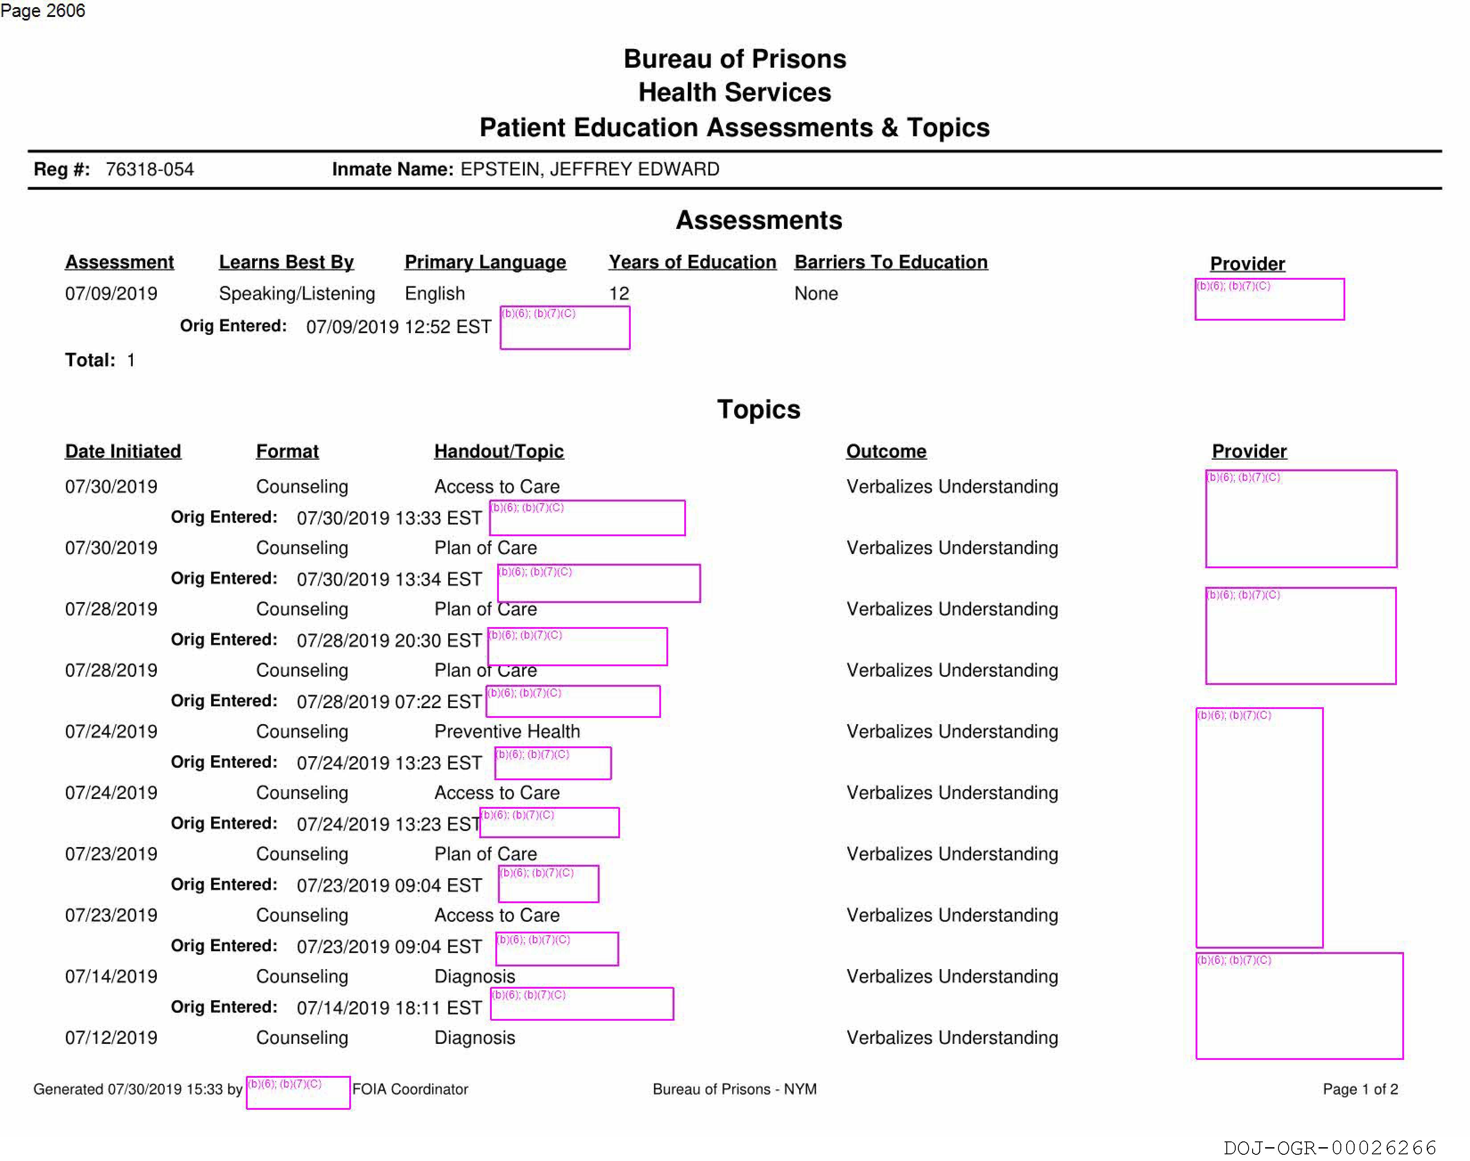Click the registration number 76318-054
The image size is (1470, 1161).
coord(150,169)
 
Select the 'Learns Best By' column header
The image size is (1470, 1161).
coord(286,262)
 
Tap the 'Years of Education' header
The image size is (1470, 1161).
coord(692,262)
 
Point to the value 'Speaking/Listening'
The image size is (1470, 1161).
coord(296,293)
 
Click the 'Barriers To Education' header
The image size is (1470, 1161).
coord(891,262)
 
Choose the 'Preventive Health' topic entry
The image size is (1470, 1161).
coord(507,731)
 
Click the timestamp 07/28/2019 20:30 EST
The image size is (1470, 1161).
coord(389,640)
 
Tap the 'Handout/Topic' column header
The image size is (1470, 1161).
coord(499,451)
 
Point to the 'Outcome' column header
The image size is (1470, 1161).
coord(886,451)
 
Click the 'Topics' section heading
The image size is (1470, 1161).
coord(759,410)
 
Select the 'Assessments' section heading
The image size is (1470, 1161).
coord(759,220)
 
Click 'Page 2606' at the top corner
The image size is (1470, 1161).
coord(43,11)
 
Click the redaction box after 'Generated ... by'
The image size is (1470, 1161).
coord(298,1092)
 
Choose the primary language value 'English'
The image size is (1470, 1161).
coord(434,293)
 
